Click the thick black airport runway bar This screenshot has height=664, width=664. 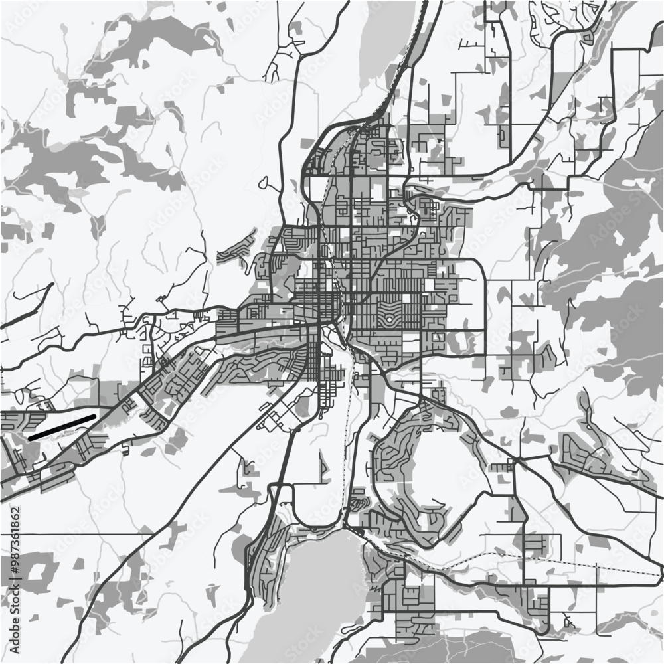point(63,426)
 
